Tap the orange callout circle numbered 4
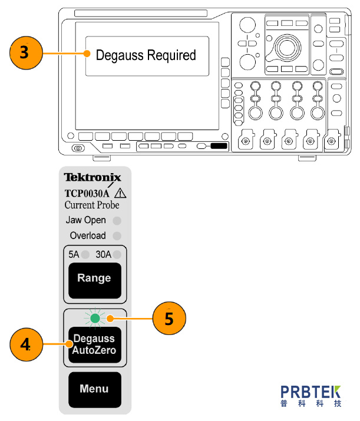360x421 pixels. [x=27, y=345]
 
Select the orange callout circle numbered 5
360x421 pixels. [x=169, y=320]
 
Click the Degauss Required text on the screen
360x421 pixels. [x=146, y=55]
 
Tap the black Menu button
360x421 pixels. [x=94, y=389]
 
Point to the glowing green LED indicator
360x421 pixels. [x=94, y=319]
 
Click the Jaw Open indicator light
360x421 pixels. [x=117, y=221]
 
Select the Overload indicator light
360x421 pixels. [x=117, y=236]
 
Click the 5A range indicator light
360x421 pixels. [x=86, y=255]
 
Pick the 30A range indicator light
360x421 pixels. [x=117, y=255]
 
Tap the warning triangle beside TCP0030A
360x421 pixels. [x=121, y=192]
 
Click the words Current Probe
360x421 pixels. [x=92, y=205]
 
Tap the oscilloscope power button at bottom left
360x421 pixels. [x=77, y=147]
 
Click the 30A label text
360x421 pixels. [x=104, y=255]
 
